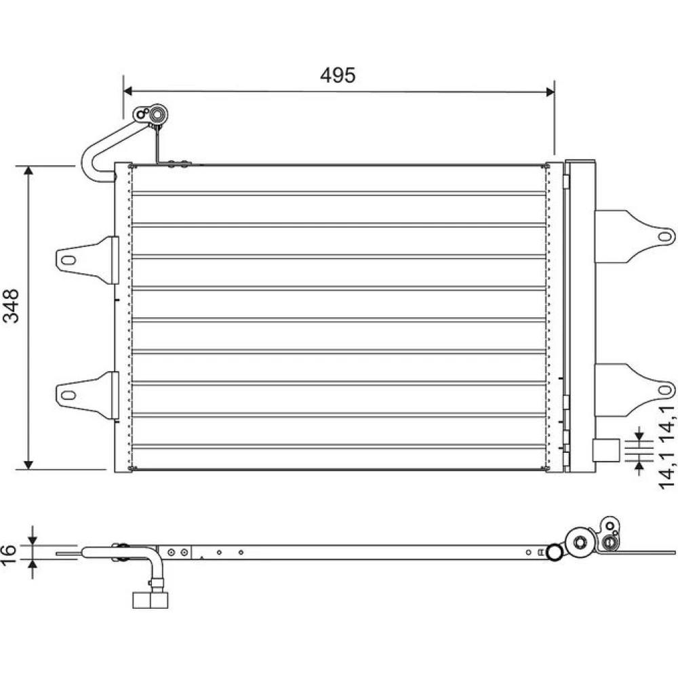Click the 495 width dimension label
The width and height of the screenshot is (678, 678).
(x=338, y=75)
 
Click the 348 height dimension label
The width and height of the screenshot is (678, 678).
(x=11, y=306)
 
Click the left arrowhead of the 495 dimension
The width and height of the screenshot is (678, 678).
(x=128, y=91)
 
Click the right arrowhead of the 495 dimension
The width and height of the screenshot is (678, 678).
(x=550, y=92)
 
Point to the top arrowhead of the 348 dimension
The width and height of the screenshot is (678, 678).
(x=28, y=170)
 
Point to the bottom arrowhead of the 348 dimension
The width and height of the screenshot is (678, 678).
(x=28, y=465)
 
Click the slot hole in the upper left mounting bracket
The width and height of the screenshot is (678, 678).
(x=68, y=260)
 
